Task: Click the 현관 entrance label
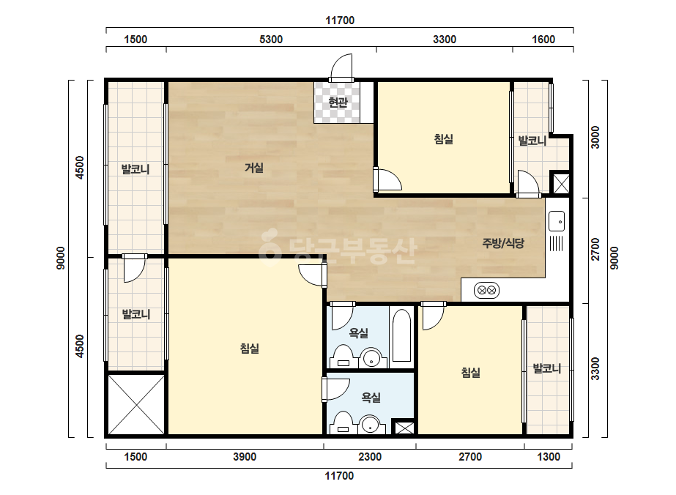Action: pos(338,103)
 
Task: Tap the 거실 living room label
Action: pos(254,168)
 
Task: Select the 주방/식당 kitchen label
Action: pos(503,243)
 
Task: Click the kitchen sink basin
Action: pos(556,221)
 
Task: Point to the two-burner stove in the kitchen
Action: pos(487,290)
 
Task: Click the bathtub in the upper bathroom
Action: pos(402,335)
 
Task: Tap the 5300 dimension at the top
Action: pos(271,40)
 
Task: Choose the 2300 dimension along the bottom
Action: pos(370,457)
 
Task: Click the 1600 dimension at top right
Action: pos(543,40)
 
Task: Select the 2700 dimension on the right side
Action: pos(595,249)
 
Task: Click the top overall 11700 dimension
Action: pos(340,21)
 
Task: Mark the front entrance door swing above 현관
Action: pos(341,67)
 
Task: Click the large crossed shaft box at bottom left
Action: pos(136,404)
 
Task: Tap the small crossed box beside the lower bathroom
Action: pos(404,428)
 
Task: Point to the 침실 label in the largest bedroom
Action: pos(250,348)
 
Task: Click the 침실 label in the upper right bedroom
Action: pos(444,139)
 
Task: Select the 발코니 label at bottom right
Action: pos(547,368)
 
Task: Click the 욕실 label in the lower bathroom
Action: pos(371,397)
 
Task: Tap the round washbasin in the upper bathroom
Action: pos(371,358)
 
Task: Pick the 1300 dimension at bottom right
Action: pos(549,457)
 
